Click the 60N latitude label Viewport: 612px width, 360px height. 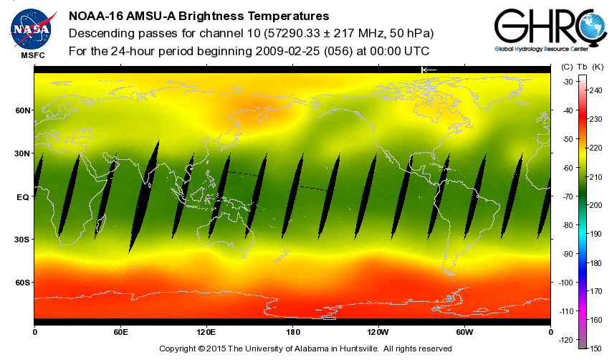(x=24, y=110)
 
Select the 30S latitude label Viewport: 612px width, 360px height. (x=24, y=240)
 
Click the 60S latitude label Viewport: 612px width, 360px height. (x=24, y=283)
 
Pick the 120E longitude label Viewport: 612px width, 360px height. (x=206, y=332)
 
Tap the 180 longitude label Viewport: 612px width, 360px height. (x=292, y=332)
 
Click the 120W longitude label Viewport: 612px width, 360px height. (x=378, y=332)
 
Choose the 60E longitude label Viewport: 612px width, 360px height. (x=120, y=332)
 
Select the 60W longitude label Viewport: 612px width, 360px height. (x=464, y=332)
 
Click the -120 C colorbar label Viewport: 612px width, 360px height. (x=565, y=339)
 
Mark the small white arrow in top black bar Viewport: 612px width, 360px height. (x=429, y=70)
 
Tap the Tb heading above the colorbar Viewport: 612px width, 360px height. (x=580, y=67)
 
